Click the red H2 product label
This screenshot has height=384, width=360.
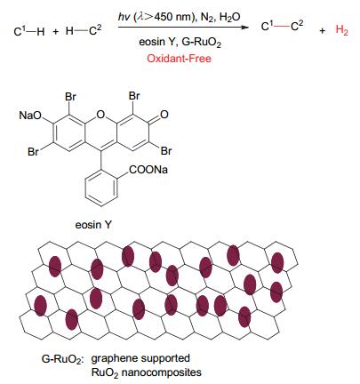[x=341, y=30]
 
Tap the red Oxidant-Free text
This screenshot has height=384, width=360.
[x=179, y=58]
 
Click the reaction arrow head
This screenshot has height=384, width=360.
[x=244, y=28]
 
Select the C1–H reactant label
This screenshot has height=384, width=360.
[x=29, y=31]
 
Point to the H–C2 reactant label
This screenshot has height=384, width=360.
[x=84, y=30]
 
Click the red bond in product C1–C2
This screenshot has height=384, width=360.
[x=282, y=27]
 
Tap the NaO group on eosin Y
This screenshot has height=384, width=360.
[x=30, y=115]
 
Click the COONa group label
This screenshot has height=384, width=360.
[x=148, y=170]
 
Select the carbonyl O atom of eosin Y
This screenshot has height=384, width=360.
[x=164, y=115]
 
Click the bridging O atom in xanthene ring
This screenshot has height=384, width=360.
[x=101, y=114]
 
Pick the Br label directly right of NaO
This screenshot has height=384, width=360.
[x=70, y=97]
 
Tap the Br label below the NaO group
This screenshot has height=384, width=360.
[x=33, y=151]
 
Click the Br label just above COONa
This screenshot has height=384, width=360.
[x=166, y=151]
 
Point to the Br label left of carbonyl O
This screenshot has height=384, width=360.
[x=134, y=96]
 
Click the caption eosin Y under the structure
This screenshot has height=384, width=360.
[x=93, y=225]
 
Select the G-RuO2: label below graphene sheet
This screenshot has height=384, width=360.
[x=63, y=359]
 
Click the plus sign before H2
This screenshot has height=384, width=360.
[x=323, y=30]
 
